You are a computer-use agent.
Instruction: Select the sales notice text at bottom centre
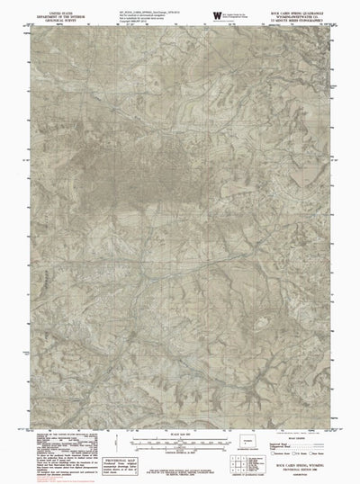[180, 469]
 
